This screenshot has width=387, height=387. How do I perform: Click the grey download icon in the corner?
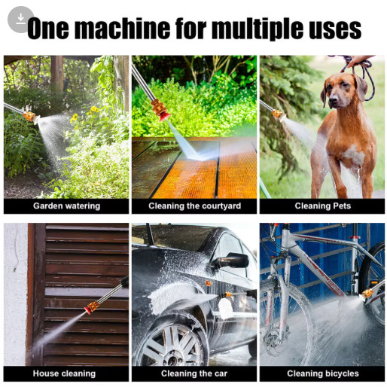pos(20,20)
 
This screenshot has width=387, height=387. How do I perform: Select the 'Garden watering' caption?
pos(66,206)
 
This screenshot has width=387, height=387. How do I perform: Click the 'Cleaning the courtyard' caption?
pos(194,206)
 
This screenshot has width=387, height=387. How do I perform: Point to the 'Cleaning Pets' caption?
pos(323,206)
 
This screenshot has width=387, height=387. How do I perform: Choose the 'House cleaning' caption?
pos(64,373)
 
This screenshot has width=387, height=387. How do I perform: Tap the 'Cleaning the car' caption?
pos(194,373)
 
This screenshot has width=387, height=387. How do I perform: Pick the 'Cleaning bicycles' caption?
pos(323,373)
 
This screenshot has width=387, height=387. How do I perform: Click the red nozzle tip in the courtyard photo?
pos(165,117)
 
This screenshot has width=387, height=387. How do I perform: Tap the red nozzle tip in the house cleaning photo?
pos(88,310)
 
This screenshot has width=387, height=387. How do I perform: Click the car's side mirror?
pos(230,261)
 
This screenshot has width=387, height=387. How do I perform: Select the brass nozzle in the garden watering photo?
pos(29,116)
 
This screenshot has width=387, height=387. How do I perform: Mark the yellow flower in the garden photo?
pos(94,109)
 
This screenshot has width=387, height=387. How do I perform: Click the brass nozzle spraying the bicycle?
pos(367,294)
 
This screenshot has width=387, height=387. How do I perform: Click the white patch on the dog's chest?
pos(354,154)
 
